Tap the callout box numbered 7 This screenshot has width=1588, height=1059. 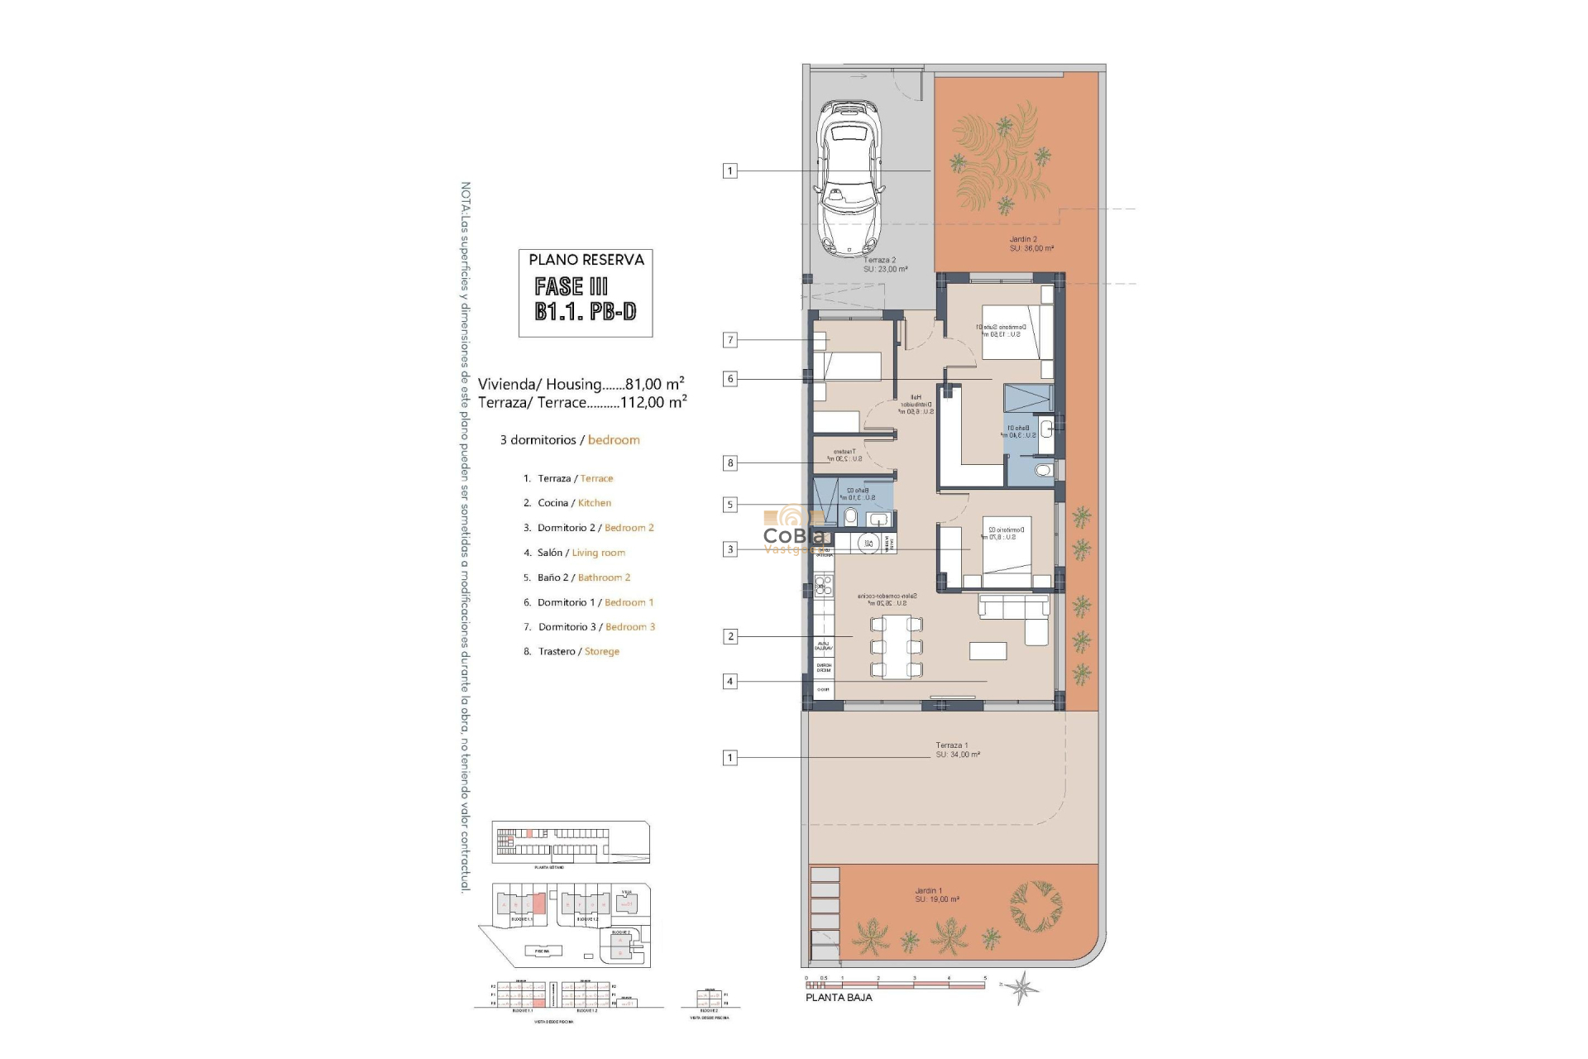[729, 340]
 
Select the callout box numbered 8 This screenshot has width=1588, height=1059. [729, 463]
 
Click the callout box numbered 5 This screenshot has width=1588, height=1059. [729, 505]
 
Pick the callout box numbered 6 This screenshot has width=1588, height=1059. [729, 379]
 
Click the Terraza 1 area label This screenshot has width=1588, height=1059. [957, 750]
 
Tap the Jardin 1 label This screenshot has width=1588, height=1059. [936, 895]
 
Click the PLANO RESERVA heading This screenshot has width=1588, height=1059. [586, 260]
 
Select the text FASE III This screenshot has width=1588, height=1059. [571, 287]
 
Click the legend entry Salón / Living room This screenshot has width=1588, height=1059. [581, 553]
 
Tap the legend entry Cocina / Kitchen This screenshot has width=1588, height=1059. [574, 503]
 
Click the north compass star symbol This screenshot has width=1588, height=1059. [1023, 986]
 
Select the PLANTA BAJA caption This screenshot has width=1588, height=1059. [839, 998]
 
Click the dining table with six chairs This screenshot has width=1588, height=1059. [896, 647]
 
